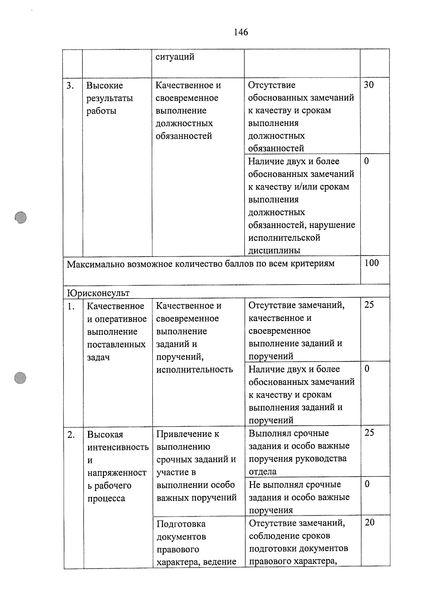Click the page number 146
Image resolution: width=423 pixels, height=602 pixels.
pyautogui.click(x=241, y=32)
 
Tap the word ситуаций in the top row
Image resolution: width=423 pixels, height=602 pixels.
pyautogui.click(x=175, y=57)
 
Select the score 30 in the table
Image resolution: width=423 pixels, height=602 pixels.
pyautogui.click(x=368, y=85)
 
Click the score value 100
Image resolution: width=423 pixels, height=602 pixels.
pyautogui.click(x=372, y=263)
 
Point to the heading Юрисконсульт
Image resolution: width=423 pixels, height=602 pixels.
pyautogui.click(x=98, y=293)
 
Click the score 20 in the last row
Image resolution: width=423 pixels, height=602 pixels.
pyautogui.click(x=369, y=522)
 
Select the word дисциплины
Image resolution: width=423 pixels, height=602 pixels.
pyautogui.click(x=274, y=250)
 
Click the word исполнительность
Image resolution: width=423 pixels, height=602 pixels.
pyautogui.click(x=194, y=369)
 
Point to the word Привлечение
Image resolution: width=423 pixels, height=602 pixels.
pyautogui.click(x=188, y=434)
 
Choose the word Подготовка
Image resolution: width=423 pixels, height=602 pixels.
pyautogui.click(x=181, y=524)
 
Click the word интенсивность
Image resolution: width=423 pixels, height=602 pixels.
pyautogui.click(x=118, y=447)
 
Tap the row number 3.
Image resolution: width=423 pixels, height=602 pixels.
pyautogui.click(x=70, y=86)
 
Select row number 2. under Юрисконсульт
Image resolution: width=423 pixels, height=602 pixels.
pyautogui.click(x=71, y=435)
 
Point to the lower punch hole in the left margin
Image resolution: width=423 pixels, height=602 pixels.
pyautogui.click(x=21, y=377)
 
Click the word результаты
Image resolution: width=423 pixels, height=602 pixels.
pyautogui.click(x=110, y=98)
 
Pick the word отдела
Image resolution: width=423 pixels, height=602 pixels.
pyautogui.click(x=263, y=472)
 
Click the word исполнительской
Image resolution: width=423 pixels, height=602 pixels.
pyautogui.click(x=284, y=238)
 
